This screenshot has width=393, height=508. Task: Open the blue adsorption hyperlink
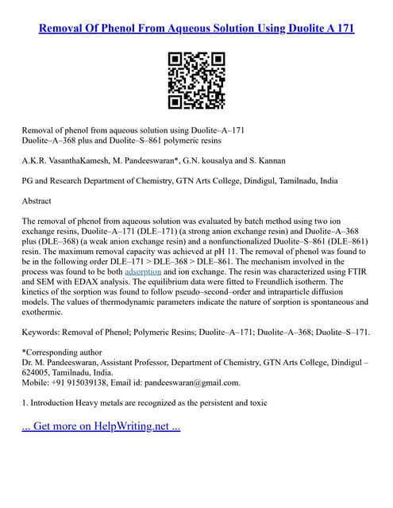click(143, 271)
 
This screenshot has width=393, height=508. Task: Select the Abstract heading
click(37, 201)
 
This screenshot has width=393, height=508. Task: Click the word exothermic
click(48, 314)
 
